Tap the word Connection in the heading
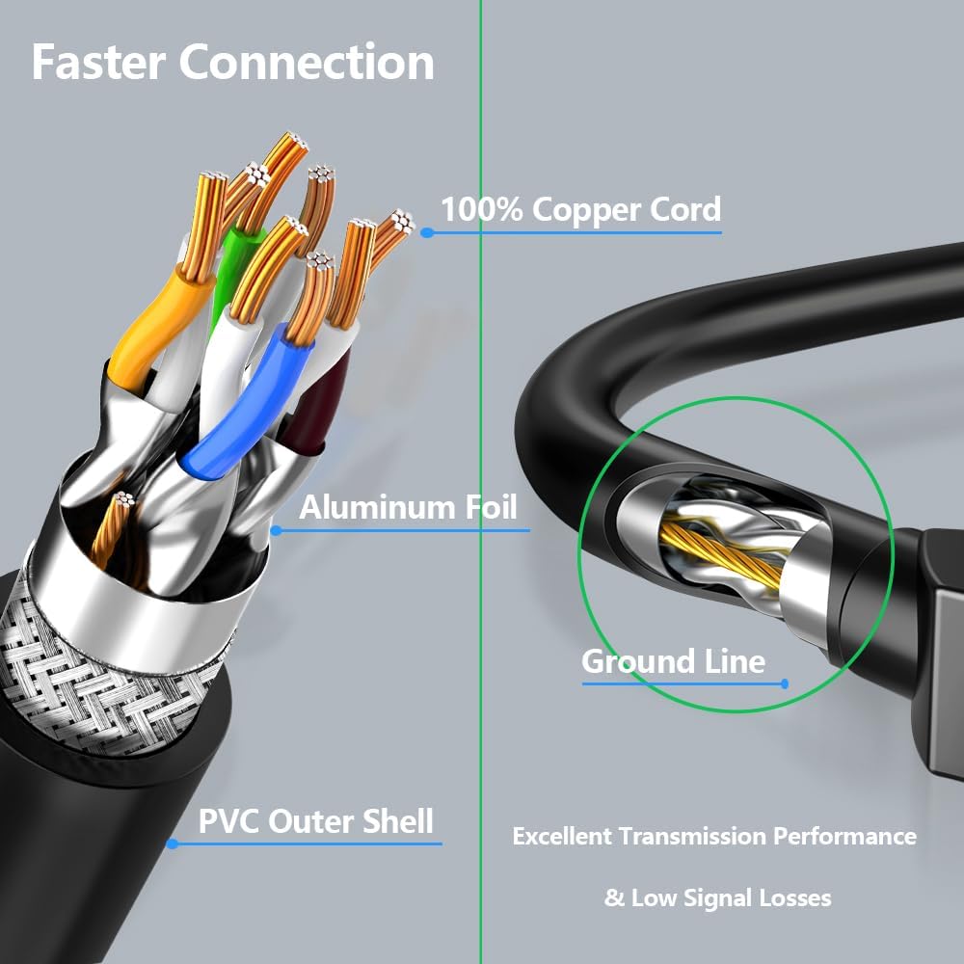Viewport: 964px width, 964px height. [307, 62]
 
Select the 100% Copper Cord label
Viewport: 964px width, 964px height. [580, 209]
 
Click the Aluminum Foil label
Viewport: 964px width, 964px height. [408, 507]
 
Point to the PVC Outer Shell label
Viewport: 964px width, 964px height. [315, 822]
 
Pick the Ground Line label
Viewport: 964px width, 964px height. [673, 662]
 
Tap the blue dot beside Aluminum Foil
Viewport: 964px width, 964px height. [276, 529]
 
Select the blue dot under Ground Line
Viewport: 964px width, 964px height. [785, 683]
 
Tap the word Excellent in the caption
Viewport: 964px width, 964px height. [562, 836]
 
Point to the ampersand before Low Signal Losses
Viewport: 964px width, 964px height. [614, 898]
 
